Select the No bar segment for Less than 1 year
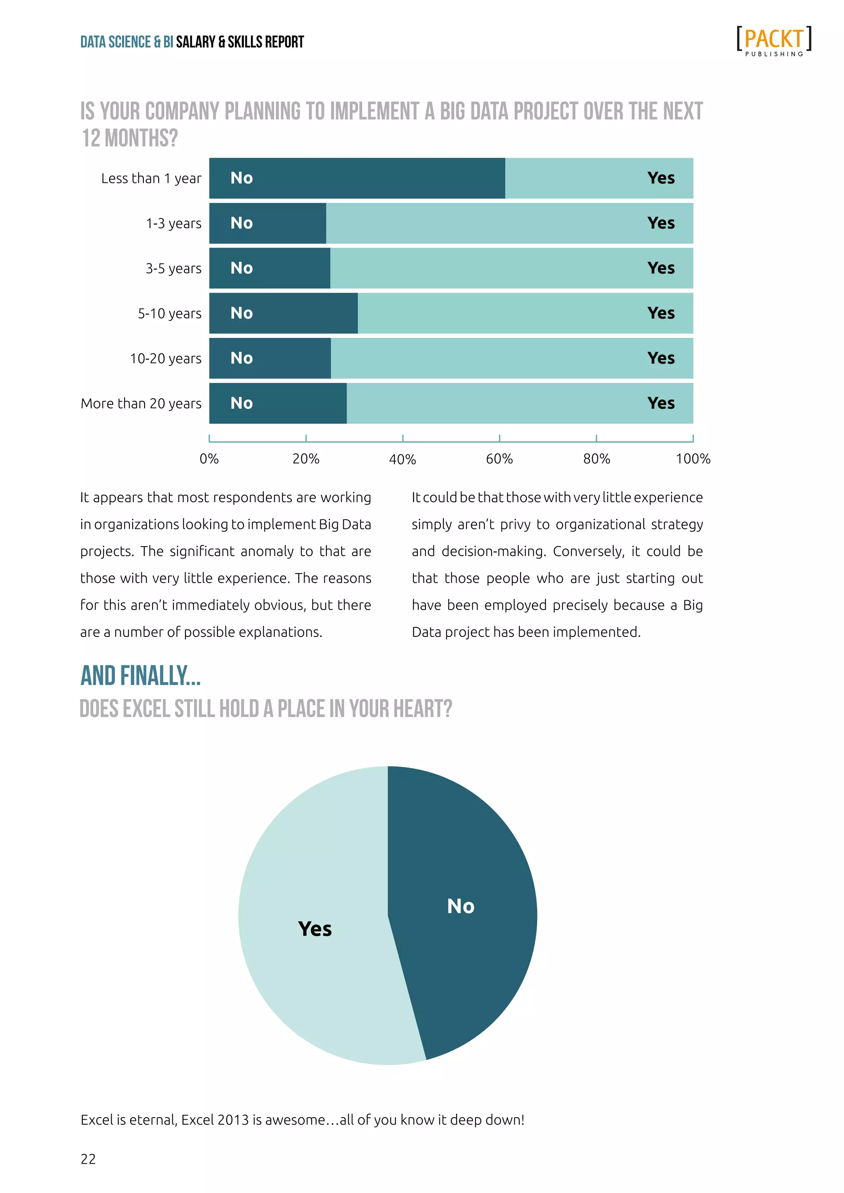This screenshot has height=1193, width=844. click(357, 178)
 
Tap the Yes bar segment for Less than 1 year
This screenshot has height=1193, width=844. click(599, 178)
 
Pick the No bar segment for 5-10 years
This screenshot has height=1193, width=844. click(283, 313)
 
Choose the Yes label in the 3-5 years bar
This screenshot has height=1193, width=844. click(661, 268)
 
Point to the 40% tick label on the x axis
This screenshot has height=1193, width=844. click(402, 459)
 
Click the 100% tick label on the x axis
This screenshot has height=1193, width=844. click(693, 459)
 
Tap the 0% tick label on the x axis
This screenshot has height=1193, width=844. click(209, 459)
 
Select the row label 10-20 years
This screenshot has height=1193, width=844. click(165, 358)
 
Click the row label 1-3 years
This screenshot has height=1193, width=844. click(173, 223)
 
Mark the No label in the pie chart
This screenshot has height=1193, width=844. click(460, 906)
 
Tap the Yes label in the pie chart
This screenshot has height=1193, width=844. click(314, 929)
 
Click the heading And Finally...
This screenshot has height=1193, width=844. click(140, 676)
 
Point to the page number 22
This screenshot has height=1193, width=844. click(88, 1159)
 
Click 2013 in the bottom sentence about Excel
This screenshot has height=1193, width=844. click(233, 1120)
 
